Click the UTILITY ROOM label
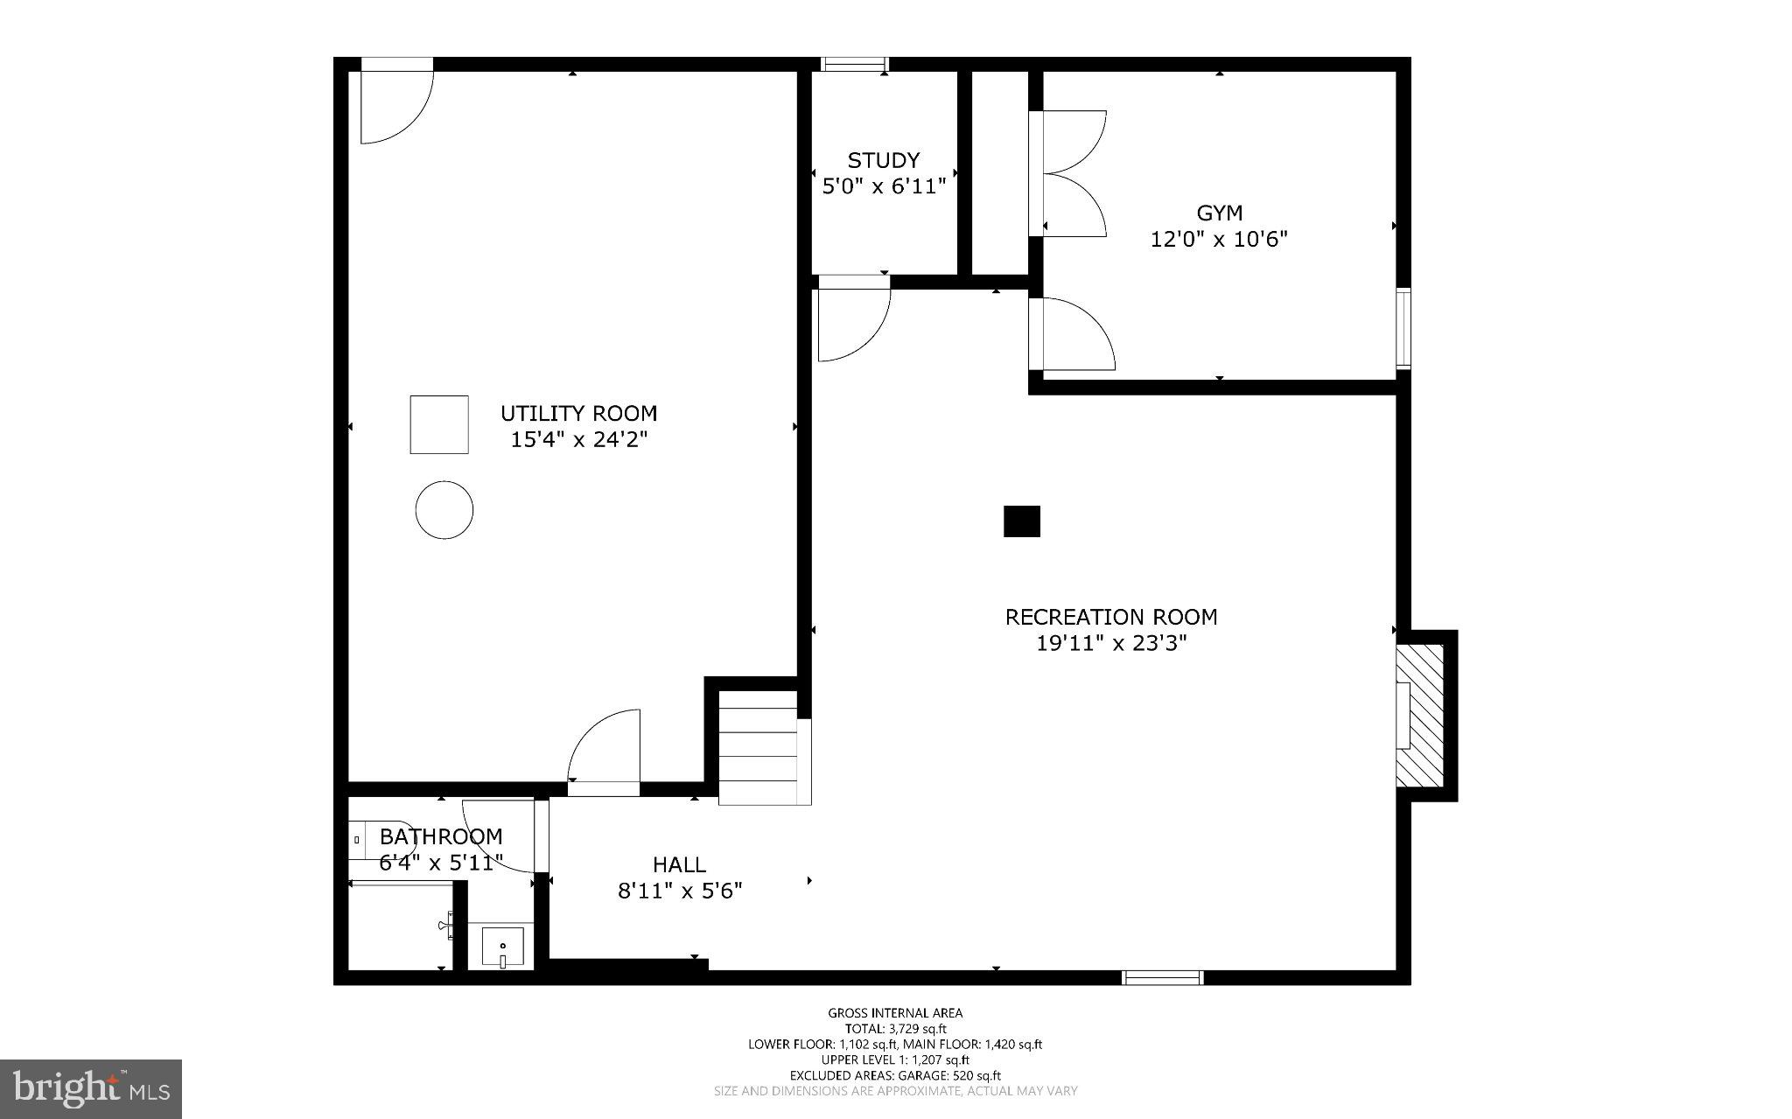coord(578,413)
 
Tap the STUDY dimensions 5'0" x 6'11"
coord(884,186)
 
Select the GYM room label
coord(1219,213)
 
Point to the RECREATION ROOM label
coord(1110,617)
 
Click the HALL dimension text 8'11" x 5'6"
coord(680,891)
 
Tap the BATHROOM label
coord(441,836)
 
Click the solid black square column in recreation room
coord(1021,521)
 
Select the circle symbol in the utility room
coord(444,509)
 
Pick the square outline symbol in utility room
coord(439,424)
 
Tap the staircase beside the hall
coord(759,749)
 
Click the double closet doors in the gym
coord(1069,173)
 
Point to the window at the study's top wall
coord(855,64)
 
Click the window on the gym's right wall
coord(1403,328)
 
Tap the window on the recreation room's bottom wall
coord(1163,977)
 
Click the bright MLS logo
coord(91,1088)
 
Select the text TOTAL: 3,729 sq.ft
coord(895,1029)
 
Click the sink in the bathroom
coord(502,948)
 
